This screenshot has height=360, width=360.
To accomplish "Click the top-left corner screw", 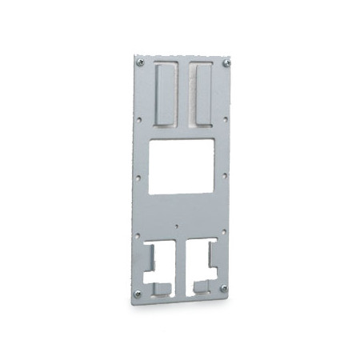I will point(140,62).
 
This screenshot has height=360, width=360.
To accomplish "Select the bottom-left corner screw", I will point(138,294).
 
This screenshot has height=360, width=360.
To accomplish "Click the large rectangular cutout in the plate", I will point(182,166).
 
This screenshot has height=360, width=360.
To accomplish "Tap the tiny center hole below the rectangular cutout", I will point(178,226).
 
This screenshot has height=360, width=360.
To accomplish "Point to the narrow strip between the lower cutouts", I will point(179,268).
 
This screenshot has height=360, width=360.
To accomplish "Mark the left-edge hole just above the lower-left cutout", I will point(138,234).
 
